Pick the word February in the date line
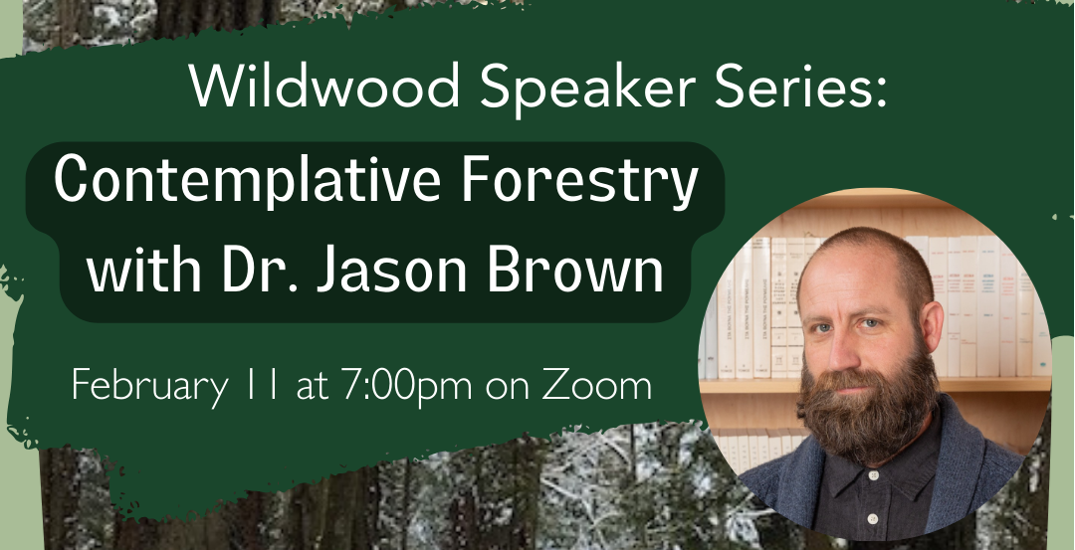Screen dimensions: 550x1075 [x=149, y=385]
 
